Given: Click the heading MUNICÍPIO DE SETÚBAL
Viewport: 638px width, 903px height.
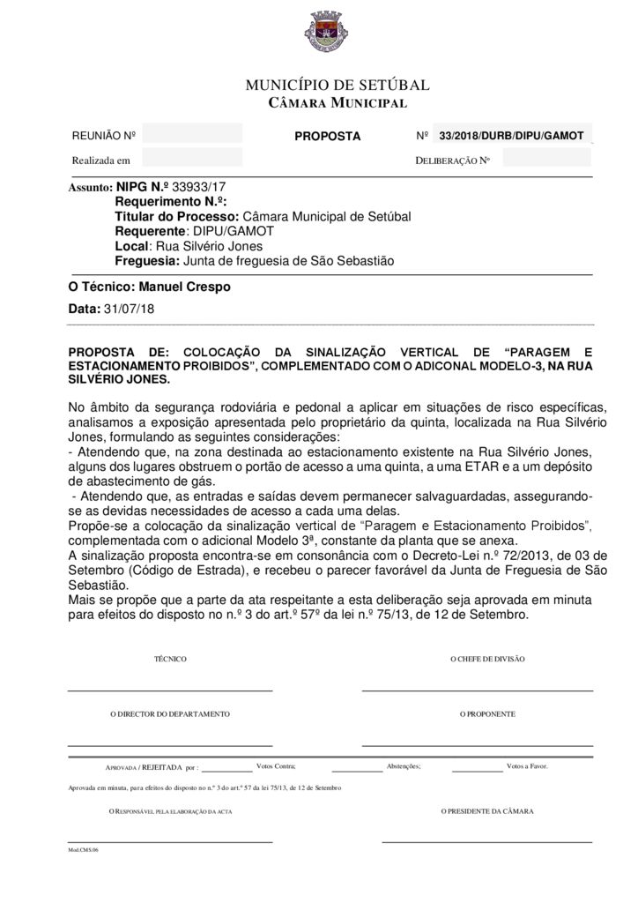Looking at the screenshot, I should pos(338,86).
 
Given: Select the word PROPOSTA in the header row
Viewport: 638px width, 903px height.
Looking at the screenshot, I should pos(327,137).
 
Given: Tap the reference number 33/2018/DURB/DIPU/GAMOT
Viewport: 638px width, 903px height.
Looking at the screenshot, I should pos(511,136).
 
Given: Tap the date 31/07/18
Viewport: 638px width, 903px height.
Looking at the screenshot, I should pos(129,310).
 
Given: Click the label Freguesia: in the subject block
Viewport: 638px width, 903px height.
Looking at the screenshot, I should pos(147,261).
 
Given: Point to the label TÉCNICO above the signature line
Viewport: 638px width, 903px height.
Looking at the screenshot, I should pos(170,659).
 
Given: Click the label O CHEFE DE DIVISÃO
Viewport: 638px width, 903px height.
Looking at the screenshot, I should pos(487,659).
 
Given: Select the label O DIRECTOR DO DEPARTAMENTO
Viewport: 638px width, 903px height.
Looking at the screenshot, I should pos(170,713).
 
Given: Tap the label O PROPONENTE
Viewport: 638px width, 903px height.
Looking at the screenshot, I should pos(487,713).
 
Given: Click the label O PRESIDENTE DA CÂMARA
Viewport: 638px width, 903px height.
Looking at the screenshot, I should pos(487,810).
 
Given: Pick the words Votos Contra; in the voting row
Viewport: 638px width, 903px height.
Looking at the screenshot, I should pos(276,766).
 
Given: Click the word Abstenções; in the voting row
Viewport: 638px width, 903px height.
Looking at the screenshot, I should pos(404,766).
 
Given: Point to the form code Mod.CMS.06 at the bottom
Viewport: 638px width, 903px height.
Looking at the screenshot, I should pos(83,849).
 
